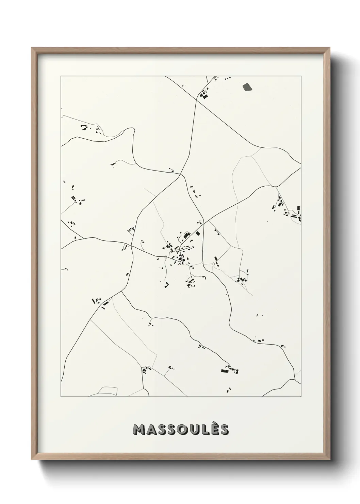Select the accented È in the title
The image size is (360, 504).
[214, 429]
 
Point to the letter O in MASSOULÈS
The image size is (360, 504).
[180, 430]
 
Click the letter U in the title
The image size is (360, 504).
[193, 430]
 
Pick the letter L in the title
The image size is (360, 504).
[203, 430]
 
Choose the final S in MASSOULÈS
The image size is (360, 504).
[224, 430]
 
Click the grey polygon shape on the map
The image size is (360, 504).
[247, 87]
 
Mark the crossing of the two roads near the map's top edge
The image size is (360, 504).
[197, 100]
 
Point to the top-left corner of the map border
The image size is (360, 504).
[61, 76]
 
